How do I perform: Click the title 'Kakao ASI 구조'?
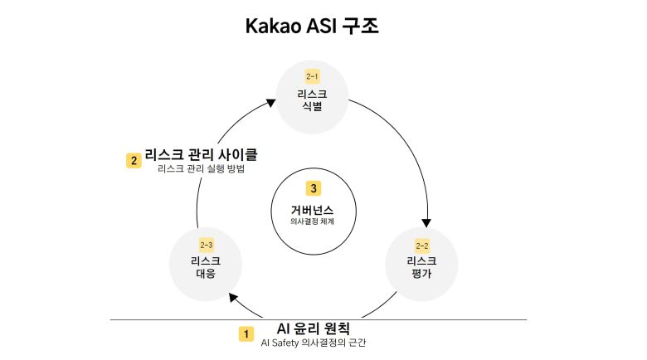(x=312, y=26)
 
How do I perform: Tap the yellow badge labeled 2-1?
(x=312, y=77)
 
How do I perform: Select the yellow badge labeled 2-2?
(x=421, y=246)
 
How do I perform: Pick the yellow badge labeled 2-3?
(x=207, y=246)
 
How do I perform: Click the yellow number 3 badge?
(x=312, y=188)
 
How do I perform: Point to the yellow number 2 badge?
(x=133, y=160)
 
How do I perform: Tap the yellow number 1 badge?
(x=246, y=333)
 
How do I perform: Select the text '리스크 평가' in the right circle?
(x=421, y=267)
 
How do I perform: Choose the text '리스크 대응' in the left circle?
(x=205, y=267)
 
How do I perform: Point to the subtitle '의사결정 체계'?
(x=312, y=221)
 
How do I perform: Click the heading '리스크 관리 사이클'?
(x=202, y=154)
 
